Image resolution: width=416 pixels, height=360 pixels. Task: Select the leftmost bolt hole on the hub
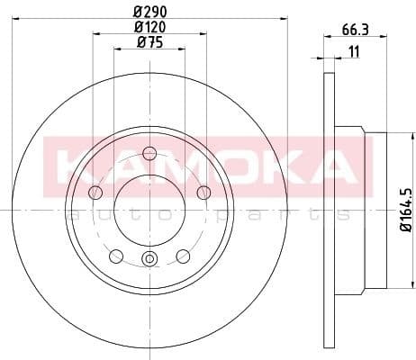coord(96,191)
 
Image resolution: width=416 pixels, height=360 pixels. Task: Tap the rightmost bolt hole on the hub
coord(203,191)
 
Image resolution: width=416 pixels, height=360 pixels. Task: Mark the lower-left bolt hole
coord(116,256)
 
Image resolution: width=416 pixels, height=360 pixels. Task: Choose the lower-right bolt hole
coord(183,256)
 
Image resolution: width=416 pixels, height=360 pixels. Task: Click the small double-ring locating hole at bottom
coord(149,261)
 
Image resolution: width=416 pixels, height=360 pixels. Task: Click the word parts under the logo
coord(270,214)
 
